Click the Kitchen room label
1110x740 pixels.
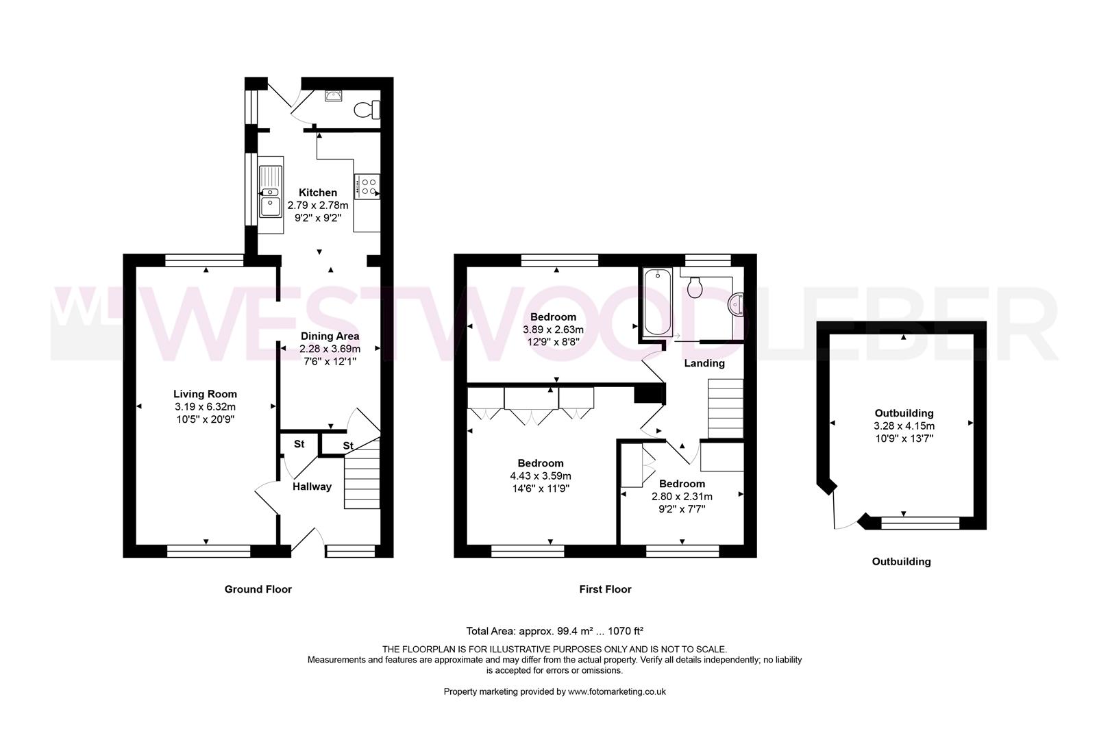click(317, 193)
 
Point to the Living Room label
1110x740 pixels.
click(205, 394)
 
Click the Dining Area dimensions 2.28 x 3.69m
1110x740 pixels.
click(330, 349)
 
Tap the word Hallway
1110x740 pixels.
click(312, 486)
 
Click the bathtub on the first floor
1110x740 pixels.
click(656, 301)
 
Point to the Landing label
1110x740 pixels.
click(704, 363)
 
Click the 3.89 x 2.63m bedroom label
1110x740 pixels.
click(553, 317)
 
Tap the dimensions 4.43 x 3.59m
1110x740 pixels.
click(541, 476)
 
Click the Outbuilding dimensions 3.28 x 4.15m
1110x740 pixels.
click(904, 425)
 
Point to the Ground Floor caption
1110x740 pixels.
click(258, 589)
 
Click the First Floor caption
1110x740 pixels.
click(605, 589)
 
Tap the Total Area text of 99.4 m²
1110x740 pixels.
click(554, 631)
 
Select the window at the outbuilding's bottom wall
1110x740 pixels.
click(920, 523)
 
